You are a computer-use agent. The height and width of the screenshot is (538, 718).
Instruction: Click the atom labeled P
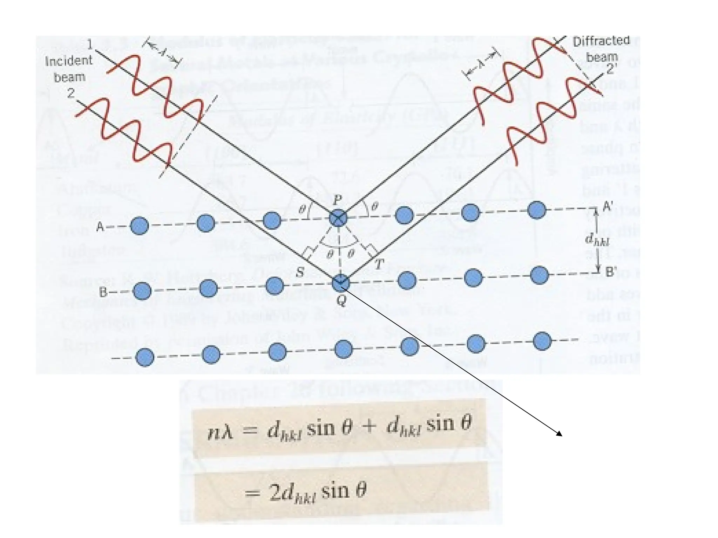coord(338,218)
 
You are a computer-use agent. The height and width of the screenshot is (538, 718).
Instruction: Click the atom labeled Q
coord(340,283)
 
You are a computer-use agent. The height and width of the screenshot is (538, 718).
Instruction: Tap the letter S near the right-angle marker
coord(300,272)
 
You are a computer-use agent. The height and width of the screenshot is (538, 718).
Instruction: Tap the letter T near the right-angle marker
coord(379,265)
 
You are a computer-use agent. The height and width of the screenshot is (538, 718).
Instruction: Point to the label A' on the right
coord(608,207)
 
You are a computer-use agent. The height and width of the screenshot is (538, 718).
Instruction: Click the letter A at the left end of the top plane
coord(100,227)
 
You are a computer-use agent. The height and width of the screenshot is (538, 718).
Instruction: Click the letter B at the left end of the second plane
coord(103,292)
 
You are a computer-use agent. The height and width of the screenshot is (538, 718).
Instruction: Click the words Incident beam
coord(69,69)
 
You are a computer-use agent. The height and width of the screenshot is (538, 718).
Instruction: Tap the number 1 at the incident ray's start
coord(90,44)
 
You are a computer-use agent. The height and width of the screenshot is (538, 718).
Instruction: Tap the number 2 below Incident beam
coord(71,93)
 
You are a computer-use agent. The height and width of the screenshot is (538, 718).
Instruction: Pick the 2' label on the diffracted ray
coord(611,69)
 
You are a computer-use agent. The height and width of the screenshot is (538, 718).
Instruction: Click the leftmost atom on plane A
coord(139,226)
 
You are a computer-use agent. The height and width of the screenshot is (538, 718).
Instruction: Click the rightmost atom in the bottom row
coord(542,341)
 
